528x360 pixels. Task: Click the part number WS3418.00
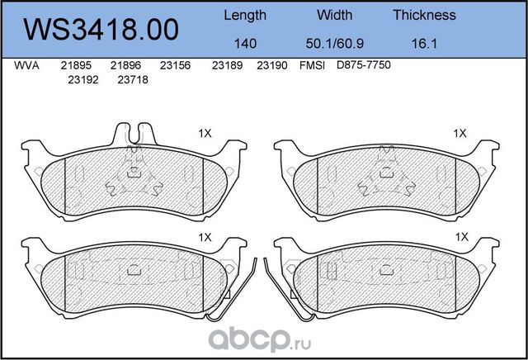tap(101, 30)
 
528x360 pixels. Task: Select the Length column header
tap(245, 16)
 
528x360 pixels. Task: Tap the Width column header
tap(334, 15)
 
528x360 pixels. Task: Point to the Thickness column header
tap(424, 15)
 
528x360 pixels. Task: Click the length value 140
tap(245, 44)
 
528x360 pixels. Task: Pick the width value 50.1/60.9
tap(334, 44)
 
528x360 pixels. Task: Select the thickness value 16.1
tap(424, 44)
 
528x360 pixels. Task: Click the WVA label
tap(26, 65)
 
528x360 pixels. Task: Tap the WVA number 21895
tap(76, 65)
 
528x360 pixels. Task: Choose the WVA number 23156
tap(175, 65)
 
